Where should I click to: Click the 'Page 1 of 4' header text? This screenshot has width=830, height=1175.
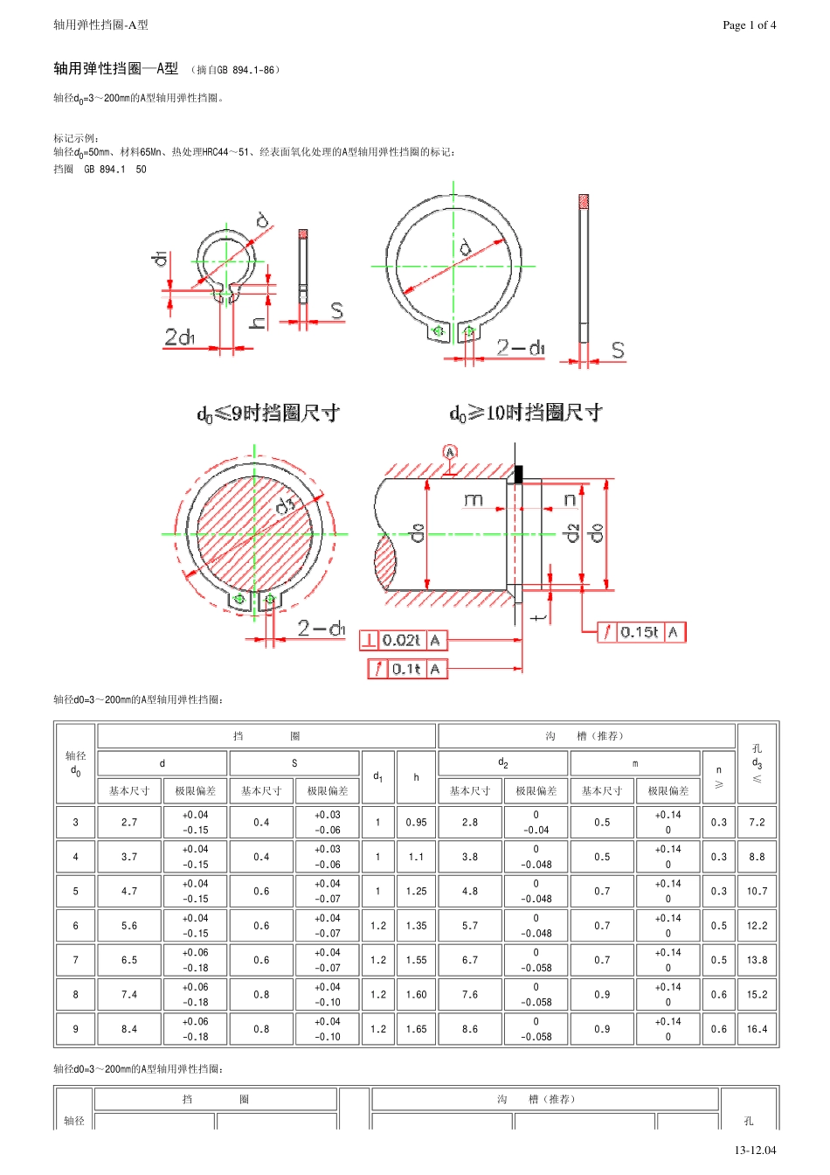click(749, 25)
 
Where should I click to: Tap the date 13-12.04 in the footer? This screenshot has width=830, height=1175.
click(755, 1150)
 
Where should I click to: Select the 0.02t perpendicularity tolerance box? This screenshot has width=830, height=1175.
click(403, 640)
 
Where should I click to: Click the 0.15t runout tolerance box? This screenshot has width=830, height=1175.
click(641, 632)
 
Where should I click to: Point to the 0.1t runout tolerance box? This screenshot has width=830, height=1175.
click(407, 669)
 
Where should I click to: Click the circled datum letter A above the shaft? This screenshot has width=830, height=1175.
click(450, 452)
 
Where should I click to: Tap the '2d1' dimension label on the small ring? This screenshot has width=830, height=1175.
click(180, 337)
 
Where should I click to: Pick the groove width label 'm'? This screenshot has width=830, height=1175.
click(473, 499)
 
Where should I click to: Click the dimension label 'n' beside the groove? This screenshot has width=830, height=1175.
click(570, 500)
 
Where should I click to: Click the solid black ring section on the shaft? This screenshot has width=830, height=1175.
click(519, 474)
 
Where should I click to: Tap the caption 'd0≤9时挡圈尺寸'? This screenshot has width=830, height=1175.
click(268, 414)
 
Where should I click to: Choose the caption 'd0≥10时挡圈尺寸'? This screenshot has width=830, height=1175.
click(526, 413)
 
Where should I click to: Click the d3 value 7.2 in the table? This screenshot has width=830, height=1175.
click(757, 822)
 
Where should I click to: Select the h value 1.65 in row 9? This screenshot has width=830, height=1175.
click(417, 1029)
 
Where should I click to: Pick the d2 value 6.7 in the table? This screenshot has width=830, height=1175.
click(470, 960)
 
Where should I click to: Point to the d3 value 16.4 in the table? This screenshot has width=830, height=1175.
click(757, 1029)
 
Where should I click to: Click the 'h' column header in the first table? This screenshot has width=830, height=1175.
click(417, 777)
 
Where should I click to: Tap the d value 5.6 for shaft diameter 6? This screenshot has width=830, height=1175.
click(129, 926)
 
